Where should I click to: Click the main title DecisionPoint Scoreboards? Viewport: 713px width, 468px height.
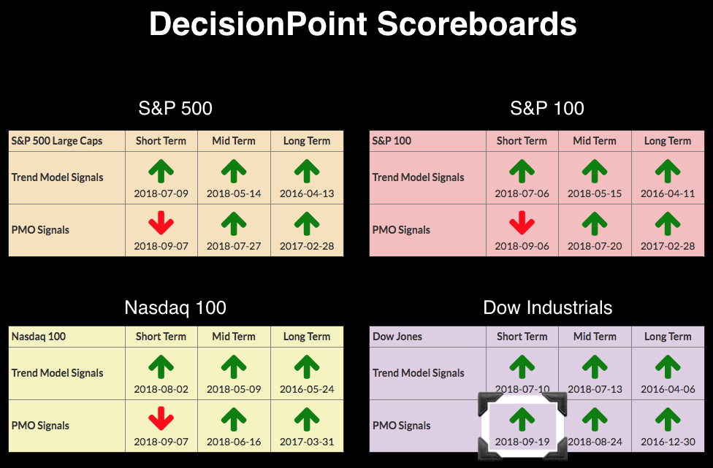point(363,23)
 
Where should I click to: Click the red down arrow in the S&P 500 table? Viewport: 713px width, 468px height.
point(161,223)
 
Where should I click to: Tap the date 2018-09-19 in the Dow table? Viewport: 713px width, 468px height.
point(522,442)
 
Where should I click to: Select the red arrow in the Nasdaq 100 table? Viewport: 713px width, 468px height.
point(161,418)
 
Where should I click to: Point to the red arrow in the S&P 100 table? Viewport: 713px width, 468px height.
point(522,223)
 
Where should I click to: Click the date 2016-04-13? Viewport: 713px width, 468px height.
point(307,193)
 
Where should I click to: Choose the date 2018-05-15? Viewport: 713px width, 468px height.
point(595,193)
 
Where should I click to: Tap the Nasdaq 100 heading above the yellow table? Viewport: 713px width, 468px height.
point(175,307)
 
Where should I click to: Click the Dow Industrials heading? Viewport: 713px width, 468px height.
point(547,307)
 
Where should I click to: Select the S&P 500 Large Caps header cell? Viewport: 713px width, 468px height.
point(67,141)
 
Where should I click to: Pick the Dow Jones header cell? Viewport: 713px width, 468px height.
point(427,337)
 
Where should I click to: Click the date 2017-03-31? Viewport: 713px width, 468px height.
point(307,442)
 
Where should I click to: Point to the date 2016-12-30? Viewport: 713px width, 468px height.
point(668,442)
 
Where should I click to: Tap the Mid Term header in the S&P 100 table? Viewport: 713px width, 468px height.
point(595,141)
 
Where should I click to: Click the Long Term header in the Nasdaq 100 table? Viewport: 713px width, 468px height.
point(307,337)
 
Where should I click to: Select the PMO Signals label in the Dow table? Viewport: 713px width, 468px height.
point(402,426)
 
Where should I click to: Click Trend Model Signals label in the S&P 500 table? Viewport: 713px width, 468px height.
point(57,177)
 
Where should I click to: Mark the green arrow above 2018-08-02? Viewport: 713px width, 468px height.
point(161,367)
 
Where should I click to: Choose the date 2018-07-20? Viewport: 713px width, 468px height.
point(595,246)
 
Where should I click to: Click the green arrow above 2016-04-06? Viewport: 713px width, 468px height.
point(668,367)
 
